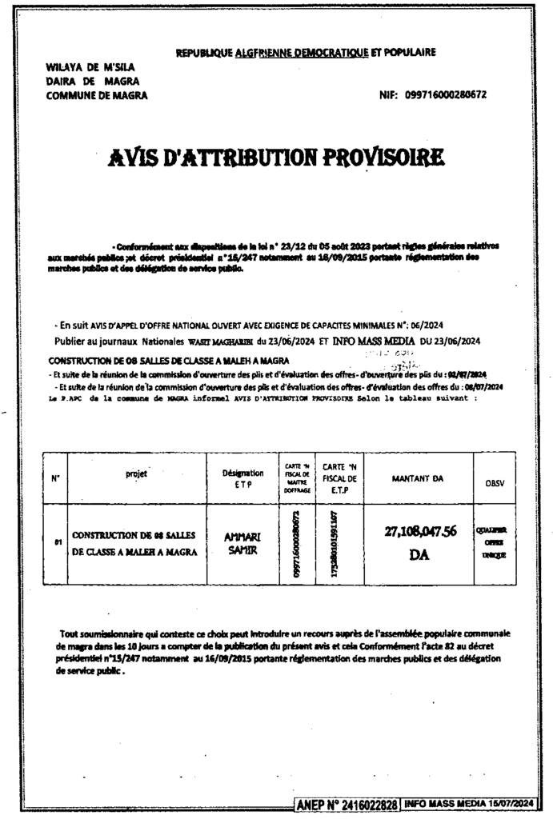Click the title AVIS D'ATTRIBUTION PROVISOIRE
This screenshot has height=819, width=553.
coord(276,159)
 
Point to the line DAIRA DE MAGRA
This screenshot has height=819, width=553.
coord(82,82)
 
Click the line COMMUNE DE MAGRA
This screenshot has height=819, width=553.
coord(96,95)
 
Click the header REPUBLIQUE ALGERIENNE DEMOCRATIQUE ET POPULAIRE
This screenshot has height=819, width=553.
coord(306,54)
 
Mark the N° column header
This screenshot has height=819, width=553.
coord(55,479)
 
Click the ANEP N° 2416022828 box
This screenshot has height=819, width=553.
coord(346,803)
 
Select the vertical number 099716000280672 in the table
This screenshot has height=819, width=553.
coord(296,544)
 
